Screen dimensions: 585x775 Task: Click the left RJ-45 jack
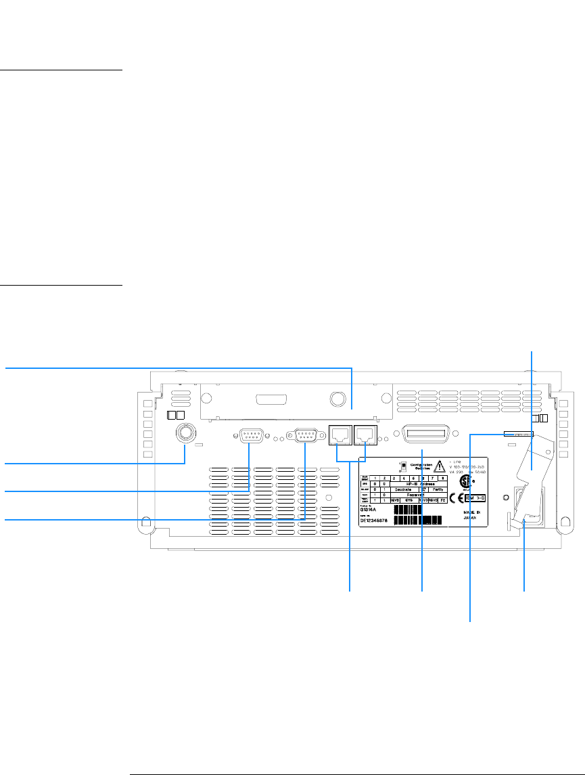(340, 435)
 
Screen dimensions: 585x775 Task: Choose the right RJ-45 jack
(366, 435)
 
